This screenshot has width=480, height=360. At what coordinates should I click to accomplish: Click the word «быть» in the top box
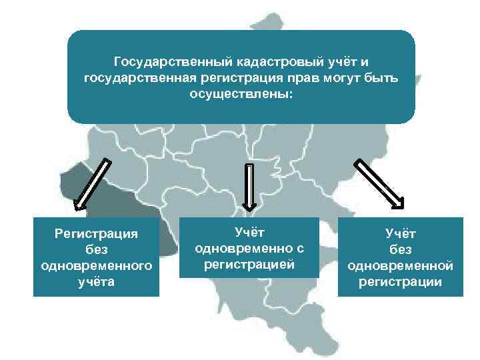pyautogui.click(x=383, y=78)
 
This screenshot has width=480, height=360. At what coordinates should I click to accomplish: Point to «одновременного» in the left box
pyautogui.click(x=97, y=265)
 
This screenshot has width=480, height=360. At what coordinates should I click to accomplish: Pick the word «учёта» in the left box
pyautogui.click(x=97, y=281)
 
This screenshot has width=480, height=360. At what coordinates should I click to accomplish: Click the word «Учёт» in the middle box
pyautogui.click(x=249, y=232)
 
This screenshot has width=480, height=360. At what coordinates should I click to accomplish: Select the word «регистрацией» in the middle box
pyautogui.click(x=249, y=264)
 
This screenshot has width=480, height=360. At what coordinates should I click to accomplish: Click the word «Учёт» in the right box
pyautogui.click(x=400, y=233)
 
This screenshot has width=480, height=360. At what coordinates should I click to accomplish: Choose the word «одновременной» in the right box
pyautogui.click(x=400, y=265)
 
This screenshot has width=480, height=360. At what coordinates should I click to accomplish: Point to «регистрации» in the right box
pyautogui.click(x=400, y=281)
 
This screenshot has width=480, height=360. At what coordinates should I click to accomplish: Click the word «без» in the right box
pyautogui.click(x=400, y=249)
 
